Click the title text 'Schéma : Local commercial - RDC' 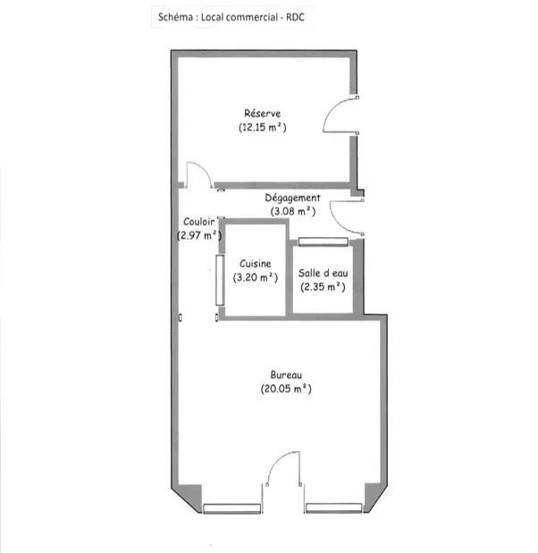[231, 17]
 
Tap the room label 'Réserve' [263, 114]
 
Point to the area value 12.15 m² [263, 127]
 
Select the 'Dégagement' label [293, 198]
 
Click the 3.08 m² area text [293, 211]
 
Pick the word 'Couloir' [199, 222]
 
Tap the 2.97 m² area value [199, 235]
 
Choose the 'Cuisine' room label [256, 263]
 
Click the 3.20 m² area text [256, 277]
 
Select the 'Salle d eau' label [324, 273]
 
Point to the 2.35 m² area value [324, 286]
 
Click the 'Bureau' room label [286, 375]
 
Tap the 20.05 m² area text [286, 388]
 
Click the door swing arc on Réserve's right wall [332, 107]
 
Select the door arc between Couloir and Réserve [205, 167]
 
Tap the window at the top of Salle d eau [324, 242]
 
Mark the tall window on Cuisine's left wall [220, 280]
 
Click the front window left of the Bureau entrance [231, 508]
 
